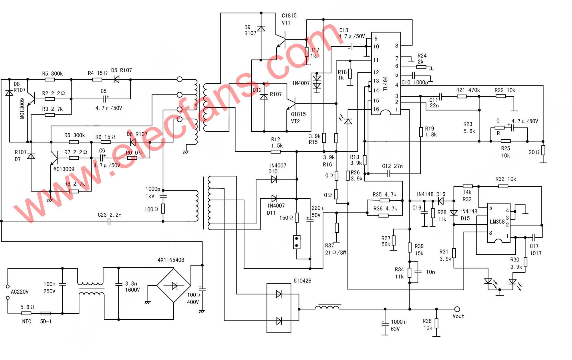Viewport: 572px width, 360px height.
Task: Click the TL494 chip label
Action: (x=386, y=84)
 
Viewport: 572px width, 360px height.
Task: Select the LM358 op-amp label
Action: (x=497, y=222)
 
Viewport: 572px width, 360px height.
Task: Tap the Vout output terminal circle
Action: (x=457, y=309)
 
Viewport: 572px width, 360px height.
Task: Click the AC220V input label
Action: (x=20, y=292)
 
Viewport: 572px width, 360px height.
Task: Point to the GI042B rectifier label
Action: (x=302, y=281)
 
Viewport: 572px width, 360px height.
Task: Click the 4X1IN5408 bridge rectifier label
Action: (x=171, y=260)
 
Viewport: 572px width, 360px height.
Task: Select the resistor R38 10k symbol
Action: (x=436, y=323)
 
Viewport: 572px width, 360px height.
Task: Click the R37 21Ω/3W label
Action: (x=335, y=249)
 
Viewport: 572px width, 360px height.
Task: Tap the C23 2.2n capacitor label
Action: (x=110, y=215)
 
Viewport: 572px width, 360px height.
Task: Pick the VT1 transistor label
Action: (x=286, y=23)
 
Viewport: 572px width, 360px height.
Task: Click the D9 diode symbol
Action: (x=261, y=29)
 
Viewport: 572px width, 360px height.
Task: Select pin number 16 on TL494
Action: (x=376, y=109)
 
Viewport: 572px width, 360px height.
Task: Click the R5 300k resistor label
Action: (x=52, y=74)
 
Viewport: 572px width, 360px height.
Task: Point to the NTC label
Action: (x=27, y=321)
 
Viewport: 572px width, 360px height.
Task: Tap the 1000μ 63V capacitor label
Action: (x=398, y=325)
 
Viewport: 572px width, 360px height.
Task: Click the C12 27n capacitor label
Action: (x=392, y=166)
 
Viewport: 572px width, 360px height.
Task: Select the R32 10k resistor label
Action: (x=505, y=179)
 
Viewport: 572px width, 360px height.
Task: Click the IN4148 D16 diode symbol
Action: (x=441, y=201)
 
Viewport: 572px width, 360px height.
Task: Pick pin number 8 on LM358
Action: (x=491, y=233)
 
